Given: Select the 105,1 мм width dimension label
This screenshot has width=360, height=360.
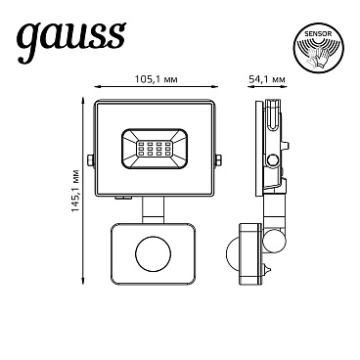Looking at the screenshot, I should click(157, 80).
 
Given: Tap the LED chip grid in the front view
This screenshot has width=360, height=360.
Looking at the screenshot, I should click(157, 152).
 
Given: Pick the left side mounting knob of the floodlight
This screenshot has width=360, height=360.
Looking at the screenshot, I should click(89, 157).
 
